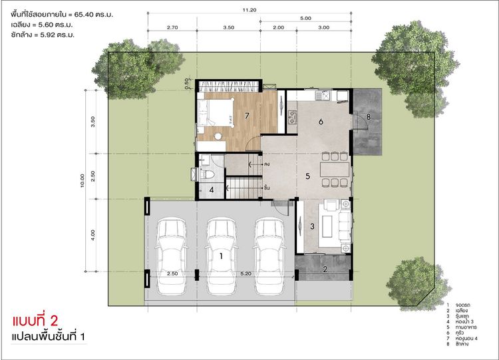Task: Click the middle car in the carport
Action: [x=220, y=254]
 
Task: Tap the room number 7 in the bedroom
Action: [x=247, y=116]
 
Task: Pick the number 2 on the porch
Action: [x=325, y=269]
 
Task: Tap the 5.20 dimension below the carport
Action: [x=246, y=273]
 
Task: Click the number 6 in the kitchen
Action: [x=320, y=122]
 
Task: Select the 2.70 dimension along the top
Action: [x=172, y=29]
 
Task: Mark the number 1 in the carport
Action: [x=220, y=255]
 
